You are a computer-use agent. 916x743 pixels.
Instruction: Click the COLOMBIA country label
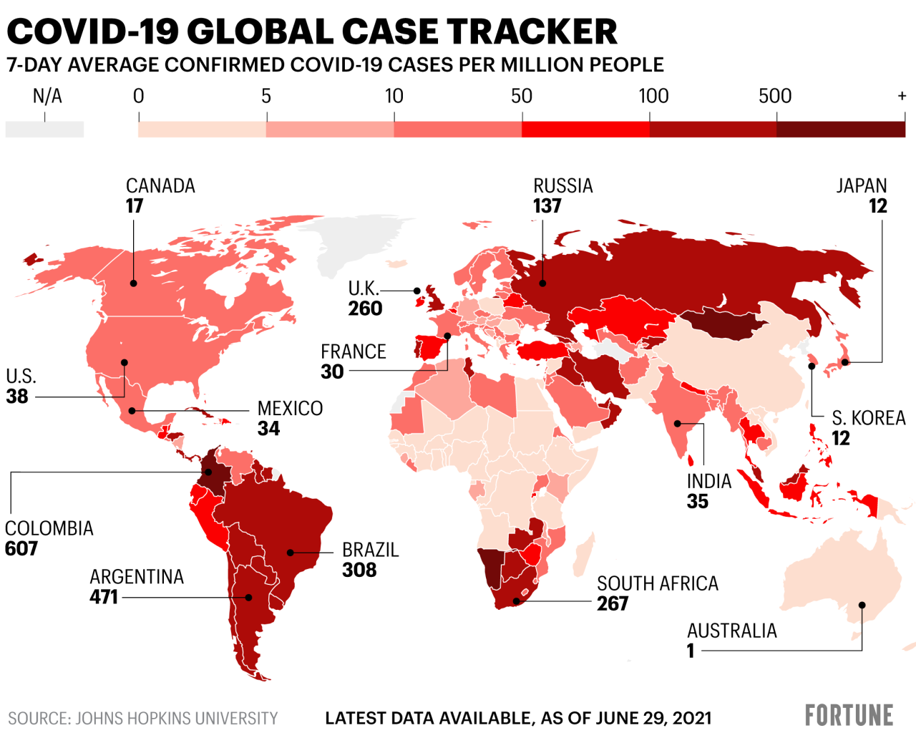point(49,528)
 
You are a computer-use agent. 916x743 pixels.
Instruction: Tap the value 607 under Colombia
point(21,549)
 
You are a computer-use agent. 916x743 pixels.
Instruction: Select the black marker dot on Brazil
point(290,553)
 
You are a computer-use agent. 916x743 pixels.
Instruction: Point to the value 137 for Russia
point(547,206)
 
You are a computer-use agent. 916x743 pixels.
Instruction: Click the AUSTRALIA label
point(731,631)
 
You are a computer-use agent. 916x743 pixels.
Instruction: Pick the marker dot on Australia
point(862,606)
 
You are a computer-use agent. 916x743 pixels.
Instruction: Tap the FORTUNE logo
point(849,715)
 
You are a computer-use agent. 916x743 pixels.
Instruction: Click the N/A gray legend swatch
point(44,130)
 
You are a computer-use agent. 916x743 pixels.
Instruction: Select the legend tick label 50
point(522,96)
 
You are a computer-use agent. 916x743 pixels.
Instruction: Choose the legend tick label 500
point(775,96)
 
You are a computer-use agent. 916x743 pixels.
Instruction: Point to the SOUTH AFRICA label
point(658,583)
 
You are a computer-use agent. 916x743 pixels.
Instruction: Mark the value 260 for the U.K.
point(365,309)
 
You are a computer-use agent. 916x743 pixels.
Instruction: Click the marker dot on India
point(678,424)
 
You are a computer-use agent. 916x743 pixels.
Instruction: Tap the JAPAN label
point(862,186)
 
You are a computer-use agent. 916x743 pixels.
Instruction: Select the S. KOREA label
point(868,418)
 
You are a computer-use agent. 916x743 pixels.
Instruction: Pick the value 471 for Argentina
point(104,597)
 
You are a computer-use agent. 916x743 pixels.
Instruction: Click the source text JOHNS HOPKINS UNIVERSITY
point(176,718)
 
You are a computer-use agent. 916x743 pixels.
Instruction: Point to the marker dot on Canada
point(134,283)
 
